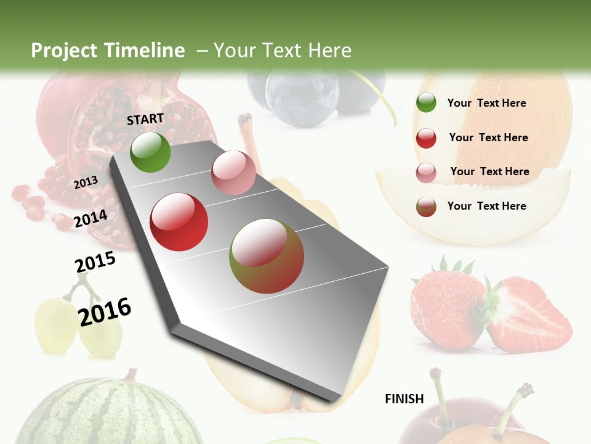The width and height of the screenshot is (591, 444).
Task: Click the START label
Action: (145, 119)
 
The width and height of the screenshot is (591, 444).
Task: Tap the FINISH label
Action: (404, 399)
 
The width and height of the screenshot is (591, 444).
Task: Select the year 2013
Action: (86, 182)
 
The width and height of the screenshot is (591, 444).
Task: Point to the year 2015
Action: (95, 261)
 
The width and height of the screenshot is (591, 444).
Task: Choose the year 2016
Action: (105, 311)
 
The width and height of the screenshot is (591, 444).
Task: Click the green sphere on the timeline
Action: (150, 152)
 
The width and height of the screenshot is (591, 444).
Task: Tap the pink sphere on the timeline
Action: (233, 173)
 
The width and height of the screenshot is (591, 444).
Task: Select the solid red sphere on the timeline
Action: (179, 222)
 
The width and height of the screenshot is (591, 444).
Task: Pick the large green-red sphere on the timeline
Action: (267, 256)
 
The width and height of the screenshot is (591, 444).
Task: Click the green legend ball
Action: (426, 103)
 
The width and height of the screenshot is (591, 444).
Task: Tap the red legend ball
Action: (426, 138)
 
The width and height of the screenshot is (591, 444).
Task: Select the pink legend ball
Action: (426, 173)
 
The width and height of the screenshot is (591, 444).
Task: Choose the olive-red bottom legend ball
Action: (426, 207)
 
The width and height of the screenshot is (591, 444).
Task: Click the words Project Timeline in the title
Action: (108, 51)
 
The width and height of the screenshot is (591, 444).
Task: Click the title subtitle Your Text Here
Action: (282, 51)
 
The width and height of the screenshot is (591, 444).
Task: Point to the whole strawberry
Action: (448, 311)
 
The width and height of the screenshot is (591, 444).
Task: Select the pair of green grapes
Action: (77, 324)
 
